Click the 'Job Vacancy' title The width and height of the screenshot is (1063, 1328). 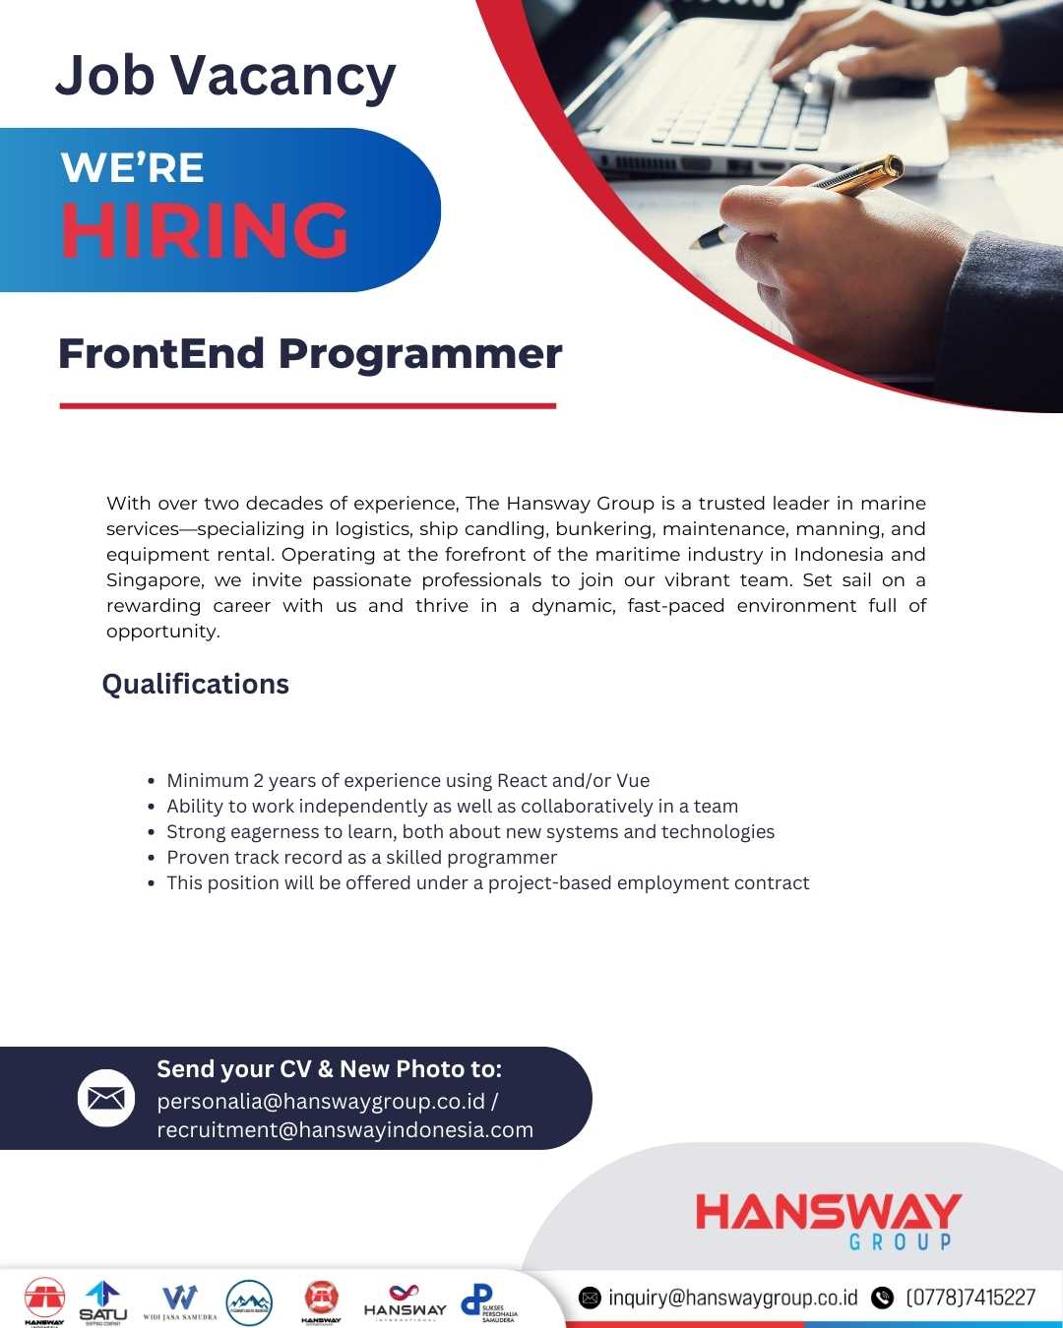tap(225, 77)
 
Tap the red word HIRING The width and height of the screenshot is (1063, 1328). tap(205, 231)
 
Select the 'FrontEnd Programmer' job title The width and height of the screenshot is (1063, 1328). tap(310, 354)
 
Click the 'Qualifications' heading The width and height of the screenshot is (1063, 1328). tap(196, 685)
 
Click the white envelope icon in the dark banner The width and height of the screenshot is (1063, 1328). tap(106, 1098)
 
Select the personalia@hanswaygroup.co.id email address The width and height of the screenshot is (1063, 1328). tap(321, 1101)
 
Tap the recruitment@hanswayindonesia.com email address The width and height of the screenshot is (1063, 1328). tap(344, 1130)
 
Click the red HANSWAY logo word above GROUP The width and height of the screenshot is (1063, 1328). tap(828, 1212)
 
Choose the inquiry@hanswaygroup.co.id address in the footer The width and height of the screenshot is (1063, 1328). tap(732, 1298)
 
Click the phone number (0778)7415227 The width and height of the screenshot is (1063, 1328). tap(969, 1298)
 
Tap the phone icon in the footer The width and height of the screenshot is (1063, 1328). tap(883, 1298)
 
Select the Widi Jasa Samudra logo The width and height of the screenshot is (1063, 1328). tap(180, 1301)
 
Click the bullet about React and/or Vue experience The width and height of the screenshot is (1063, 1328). tap(407, 781)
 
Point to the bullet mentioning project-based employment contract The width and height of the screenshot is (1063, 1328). tap(487, 883)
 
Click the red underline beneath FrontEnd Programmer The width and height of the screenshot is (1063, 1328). tap(307, 405)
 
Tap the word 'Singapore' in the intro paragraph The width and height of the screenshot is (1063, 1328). tap(153, 580)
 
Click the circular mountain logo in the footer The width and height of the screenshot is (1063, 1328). tap(249, 1302)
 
